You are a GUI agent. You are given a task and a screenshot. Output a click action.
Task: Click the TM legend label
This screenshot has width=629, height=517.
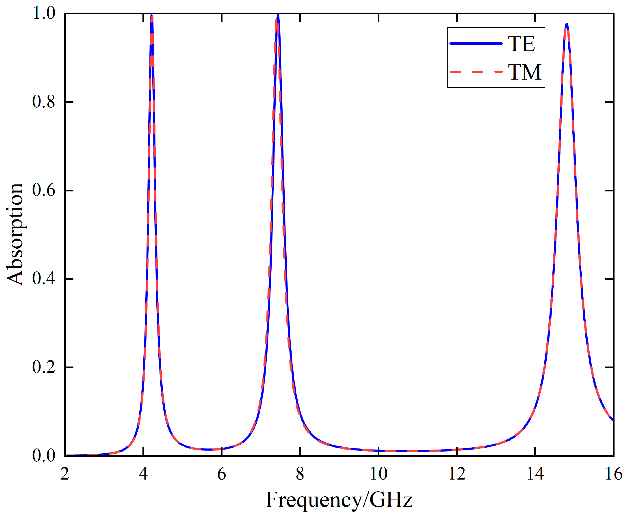[x=524, y=72]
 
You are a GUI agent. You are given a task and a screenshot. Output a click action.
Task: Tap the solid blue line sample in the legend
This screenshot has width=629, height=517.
[x=476, y=44]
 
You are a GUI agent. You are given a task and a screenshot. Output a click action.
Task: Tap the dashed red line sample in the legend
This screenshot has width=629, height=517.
[x=476, y=72]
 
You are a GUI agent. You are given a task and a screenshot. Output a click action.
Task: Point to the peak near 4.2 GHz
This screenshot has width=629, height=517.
[x=152, y=16]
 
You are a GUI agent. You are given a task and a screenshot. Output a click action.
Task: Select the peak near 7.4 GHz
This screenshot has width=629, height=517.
[x=278, y=15]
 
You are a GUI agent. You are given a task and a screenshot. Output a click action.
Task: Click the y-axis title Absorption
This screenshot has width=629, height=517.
[x=15, y=234]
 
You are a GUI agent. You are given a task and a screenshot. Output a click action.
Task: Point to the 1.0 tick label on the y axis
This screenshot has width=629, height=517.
[x=44, y=13]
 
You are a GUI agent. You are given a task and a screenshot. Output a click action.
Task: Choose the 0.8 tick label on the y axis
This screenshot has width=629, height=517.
[x=44, y=102]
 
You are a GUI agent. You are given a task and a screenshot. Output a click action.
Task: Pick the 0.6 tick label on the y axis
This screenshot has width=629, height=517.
[x=44, y=190]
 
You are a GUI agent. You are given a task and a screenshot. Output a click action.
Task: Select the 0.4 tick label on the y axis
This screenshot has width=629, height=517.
[x=44, y=279]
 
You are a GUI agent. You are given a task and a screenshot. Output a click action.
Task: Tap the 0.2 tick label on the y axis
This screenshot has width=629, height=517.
[x=44, y=367]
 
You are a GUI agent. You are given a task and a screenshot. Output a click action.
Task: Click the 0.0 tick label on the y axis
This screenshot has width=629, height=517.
[x=44, y=456]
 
